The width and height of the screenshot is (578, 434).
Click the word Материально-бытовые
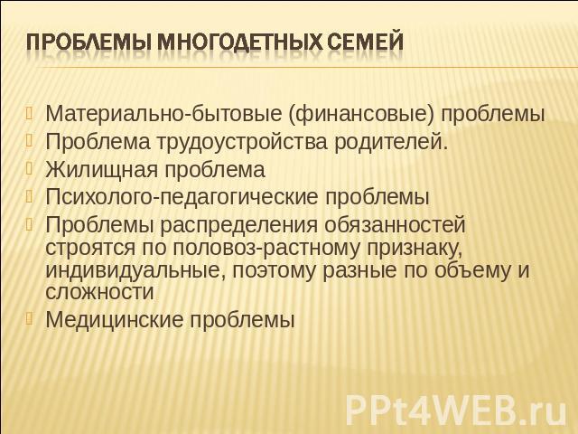click(x=163, y=114)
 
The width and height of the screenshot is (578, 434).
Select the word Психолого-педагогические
click(x=182, y=197)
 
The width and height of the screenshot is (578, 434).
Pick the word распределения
click(x=238, y=224)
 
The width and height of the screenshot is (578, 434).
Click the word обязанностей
click(x=395, y=223)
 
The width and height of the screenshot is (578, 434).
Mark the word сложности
click(x=99, y=291)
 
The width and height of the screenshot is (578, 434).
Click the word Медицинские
click(x=114, y=319)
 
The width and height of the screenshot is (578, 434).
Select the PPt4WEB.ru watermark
click(x=456, y=410)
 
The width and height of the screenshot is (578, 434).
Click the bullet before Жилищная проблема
click(x=30, y=168)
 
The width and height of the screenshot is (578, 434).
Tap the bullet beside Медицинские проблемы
click(x=30, y=317)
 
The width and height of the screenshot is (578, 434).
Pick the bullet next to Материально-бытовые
click(x=30, y=112)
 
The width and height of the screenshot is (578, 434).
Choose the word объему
click(x=473, y=270)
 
